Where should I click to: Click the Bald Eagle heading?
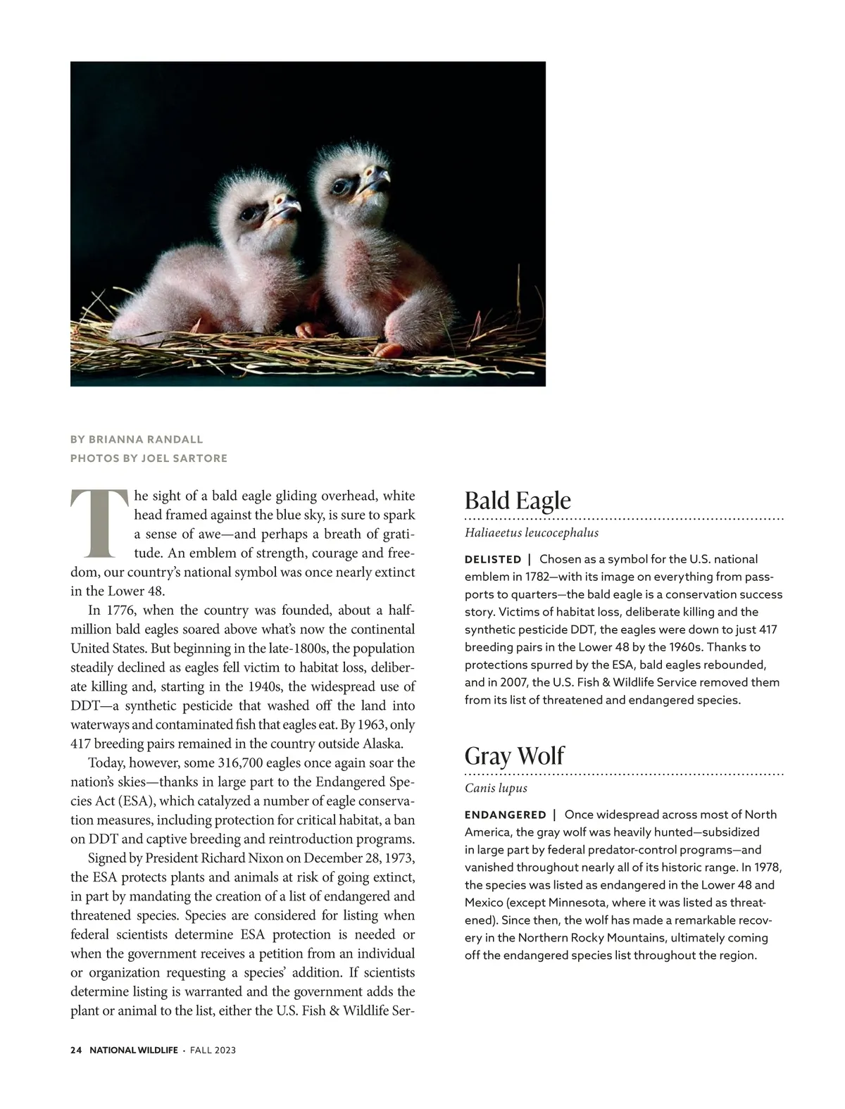518,501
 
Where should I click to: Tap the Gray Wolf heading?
514,756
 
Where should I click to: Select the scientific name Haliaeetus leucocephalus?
532,533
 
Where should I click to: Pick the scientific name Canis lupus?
496,788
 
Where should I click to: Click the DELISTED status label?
493,560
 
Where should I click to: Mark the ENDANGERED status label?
505,815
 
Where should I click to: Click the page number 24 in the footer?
76,1051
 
